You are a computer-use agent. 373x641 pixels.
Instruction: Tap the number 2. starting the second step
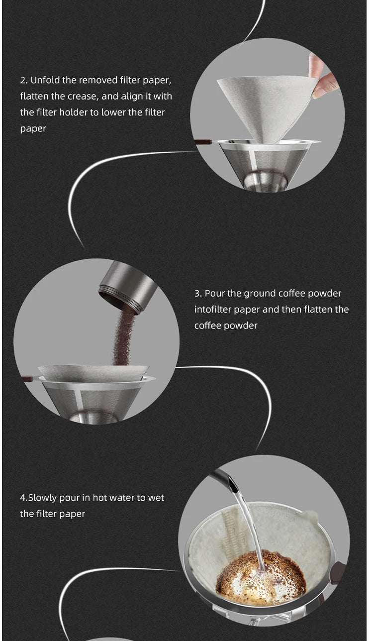(24, 80)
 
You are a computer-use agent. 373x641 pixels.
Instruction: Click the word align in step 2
(133, 97)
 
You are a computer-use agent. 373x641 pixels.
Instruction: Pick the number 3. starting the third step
(198, 293)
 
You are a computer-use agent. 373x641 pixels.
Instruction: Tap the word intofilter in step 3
(213, 310)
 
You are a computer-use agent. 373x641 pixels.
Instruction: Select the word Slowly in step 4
(42, 498)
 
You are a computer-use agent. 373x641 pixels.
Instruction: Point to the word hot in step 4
(100, 498)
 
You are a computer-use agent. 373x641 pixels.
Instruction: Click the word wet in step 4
(156, 498)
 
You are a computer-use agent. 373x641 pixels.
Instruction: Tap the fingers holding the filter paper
(323, 77)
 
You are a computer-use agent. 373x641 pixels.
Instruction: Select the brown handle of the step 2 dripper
(203, 142)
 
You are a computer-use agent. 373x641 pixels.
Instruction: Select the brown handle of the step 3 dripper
(27, 379)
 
